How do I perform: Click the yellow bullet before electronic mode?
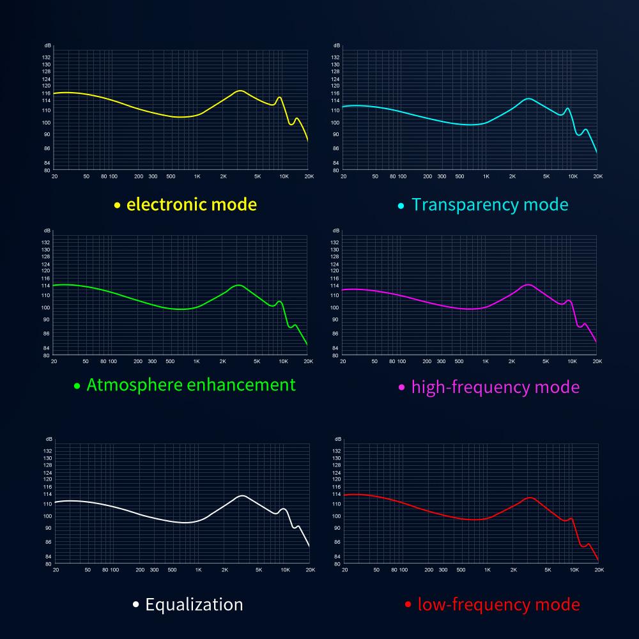coord(117,206)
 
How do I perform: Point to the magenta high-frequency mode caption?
coord(495,387)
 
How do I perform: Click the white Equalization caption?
coord(194,604)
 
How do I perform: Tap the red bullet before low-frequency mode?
coord(408,604)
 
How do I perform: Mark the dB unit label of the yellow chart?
coord(48,46)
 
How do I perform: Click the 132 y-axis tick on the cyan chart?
coord(335,57)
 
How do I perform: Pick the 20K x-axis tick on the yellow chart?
coord(309,176)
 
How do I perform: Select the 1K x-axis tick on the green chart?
coord(196,361)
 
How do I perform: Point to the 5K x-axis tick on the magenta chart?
coord(546,361)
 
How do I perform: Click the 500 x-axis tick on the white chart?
coord(172,569)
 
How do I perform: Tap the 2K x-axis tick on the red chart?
coord(514,569)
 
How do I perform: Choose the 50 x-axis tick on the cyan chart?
coord(375,176)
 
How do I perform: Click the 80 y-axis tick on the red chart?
coord(337,564)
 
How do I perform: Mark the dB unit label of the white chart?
coord(49,440)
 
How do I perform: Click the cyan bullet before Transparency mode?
coord(401,206)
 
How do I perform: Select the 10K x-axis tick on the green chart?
coord(282,361)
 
